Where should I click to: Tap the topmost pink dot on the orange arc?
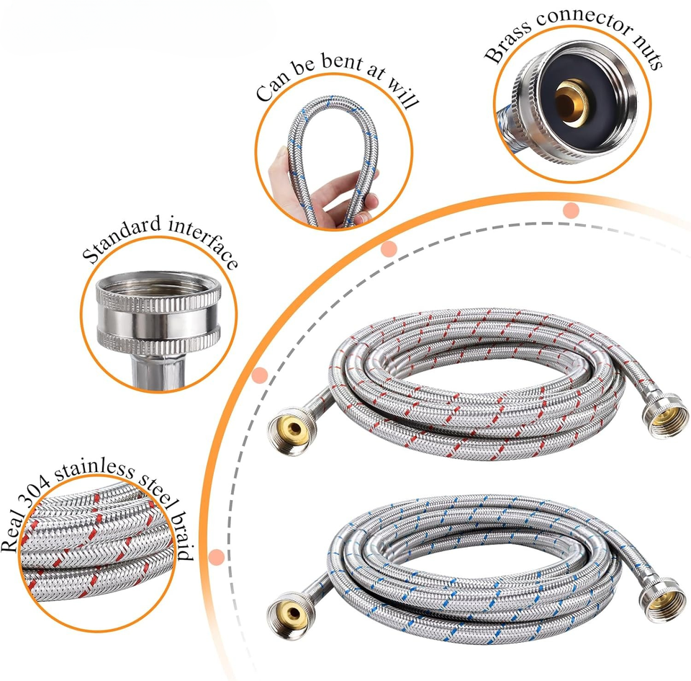tap(571, 210)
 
